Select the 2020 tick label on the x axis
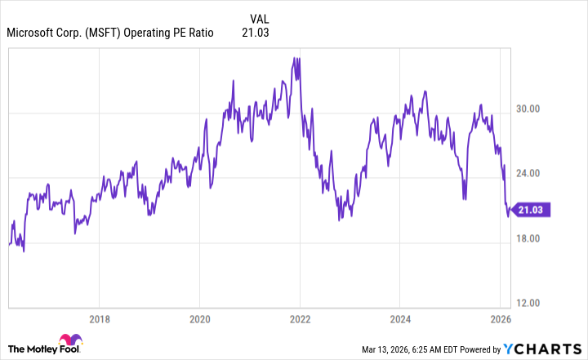200,318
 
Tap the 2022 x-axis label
301,318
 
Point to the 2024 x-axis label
402,318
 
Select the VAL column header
259,18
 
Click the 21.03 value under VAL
256,33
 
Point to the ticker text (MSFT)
98,33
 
